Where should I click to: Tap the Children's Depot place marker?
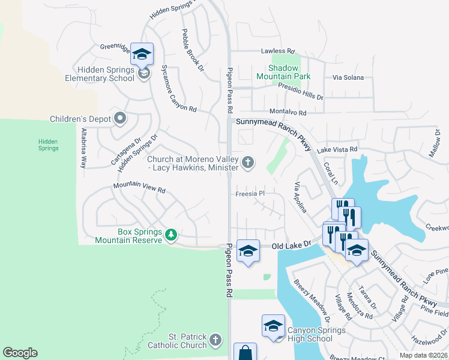pyautogui.click(x=120, y=118)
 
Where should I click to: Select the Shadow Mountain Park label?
pyautogui.click(x=284, y=72)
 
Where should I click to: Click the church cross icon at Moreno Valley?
pyautogui.click(x=247, y=163)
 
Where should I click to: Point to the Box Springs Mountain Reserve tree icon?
pyautogui.click(x=171, y=234)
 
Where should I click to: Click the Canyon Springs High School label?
pyautogui.click(x=309, y=334)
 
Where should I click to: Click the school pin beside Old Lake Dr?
pyautogui.click(x=247, y=251)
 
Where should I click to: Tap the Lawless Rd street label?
pyautogui.click(x=277, y=52)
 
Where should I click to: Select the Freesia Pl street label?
pyautogui.click(x=249, y=194)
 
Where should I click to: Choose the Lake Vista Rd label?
pyautogui.click(x=337, y=149)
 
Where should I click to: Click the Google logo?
pyautogui.click(x=20, y=353)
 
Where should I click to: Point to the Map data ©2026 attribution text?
pyautogui.click(x=423, y=355)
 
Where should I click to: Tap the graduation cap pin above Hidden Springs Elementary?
pyautogui.click(x=142, y=55)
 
